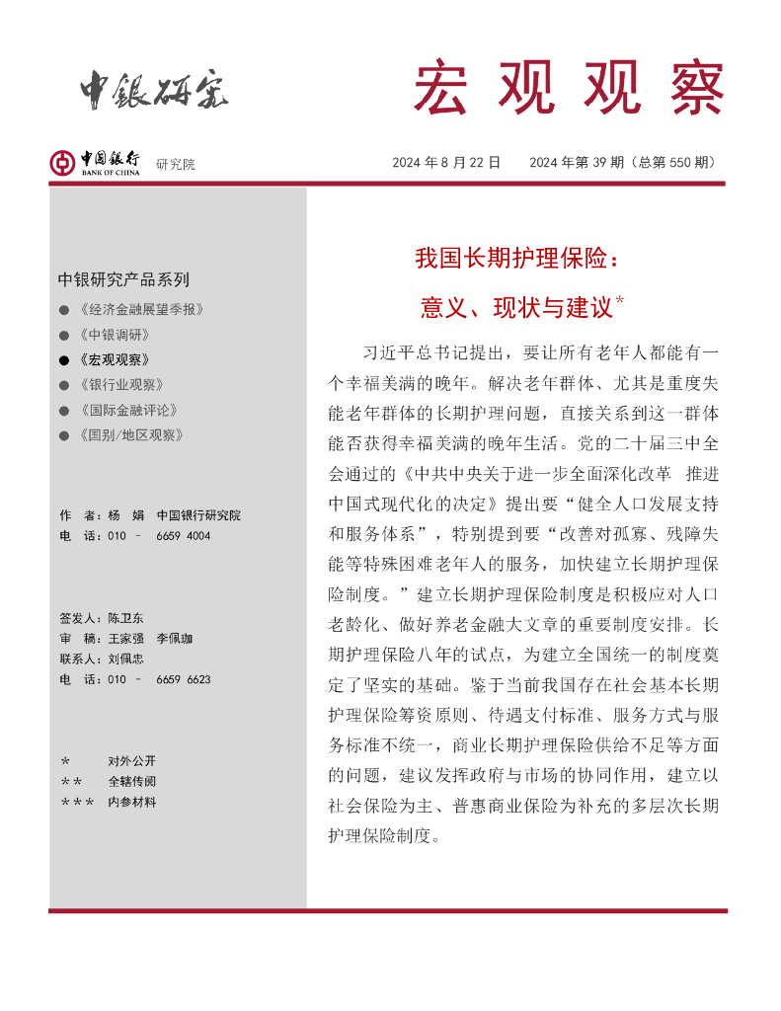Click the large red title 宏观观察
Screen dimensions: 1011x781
click(568, 88)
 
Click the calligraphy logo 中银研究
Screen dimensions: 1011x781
click(154, 91)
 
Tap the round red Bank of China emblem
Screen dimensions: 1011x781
click(62, 163)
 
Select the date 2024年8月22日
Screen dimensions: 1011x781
click(446, 163)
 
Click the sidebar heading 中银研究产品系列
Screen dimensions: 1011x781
click(123, 279)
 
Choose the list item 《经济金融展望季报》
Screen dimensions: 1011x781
click(140, 310)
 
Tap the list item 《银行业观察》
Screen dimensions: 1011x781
click(119, 385)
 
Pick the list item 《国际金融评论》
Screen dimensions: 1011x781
click(126, 410)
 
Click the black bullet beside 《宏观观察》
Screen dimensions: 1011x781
click(64, 360)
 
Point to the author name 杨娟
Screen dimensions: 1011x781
click(125, 515)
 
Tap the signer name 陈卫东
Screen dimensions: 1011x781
click(125, 618)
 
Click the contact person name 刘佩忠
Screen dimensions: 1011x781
click(125, 659)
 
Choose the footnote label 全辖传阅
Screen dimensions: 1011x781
click(131, 782)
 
